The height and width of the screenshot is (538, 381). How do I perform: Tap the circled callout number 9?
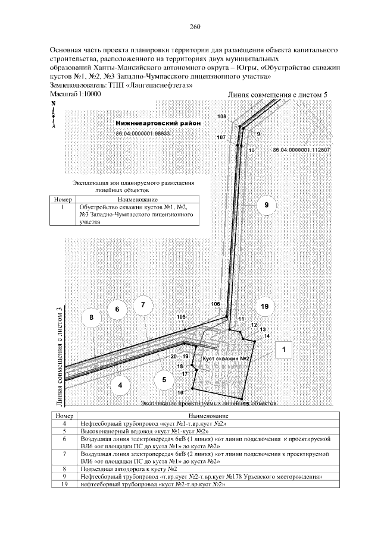tap(267, 205)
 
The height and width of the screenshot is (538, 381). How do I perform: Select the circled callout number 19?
tap(265, 306)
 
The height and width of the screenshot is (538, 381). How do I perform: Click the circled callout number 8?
tap(92, 318)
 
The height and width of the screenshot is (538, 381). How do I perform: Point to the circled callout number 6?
tap(117, 310)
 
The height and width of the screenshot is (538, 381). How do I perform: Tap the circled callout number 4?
tap(120, 385)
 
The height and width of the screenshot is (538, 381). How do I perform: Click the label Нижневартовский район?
tap(158, 123)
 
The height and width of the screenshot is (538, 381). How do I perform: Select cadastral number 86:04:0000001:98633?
tap(143, 134)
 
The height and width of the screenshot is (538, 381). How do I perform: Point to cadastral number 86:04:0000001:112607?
tap(301, 150)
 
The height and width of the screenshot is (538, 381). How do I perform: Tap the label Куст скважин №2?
tap(225, 360)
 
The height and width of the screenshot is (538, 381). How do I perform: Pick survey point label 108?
tap(222, 116)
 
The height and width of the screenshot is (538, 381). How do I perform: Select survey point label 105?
tap(182, 317)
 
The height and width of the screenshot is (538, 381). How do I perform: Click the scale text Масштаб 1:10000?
tap(76, 94)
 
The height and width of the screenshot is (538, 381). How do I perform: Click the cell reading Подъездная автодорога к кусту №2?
tap(114, 468)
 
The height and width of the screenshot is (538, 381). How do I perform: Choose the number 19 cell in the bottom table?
tap(63, 484)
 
